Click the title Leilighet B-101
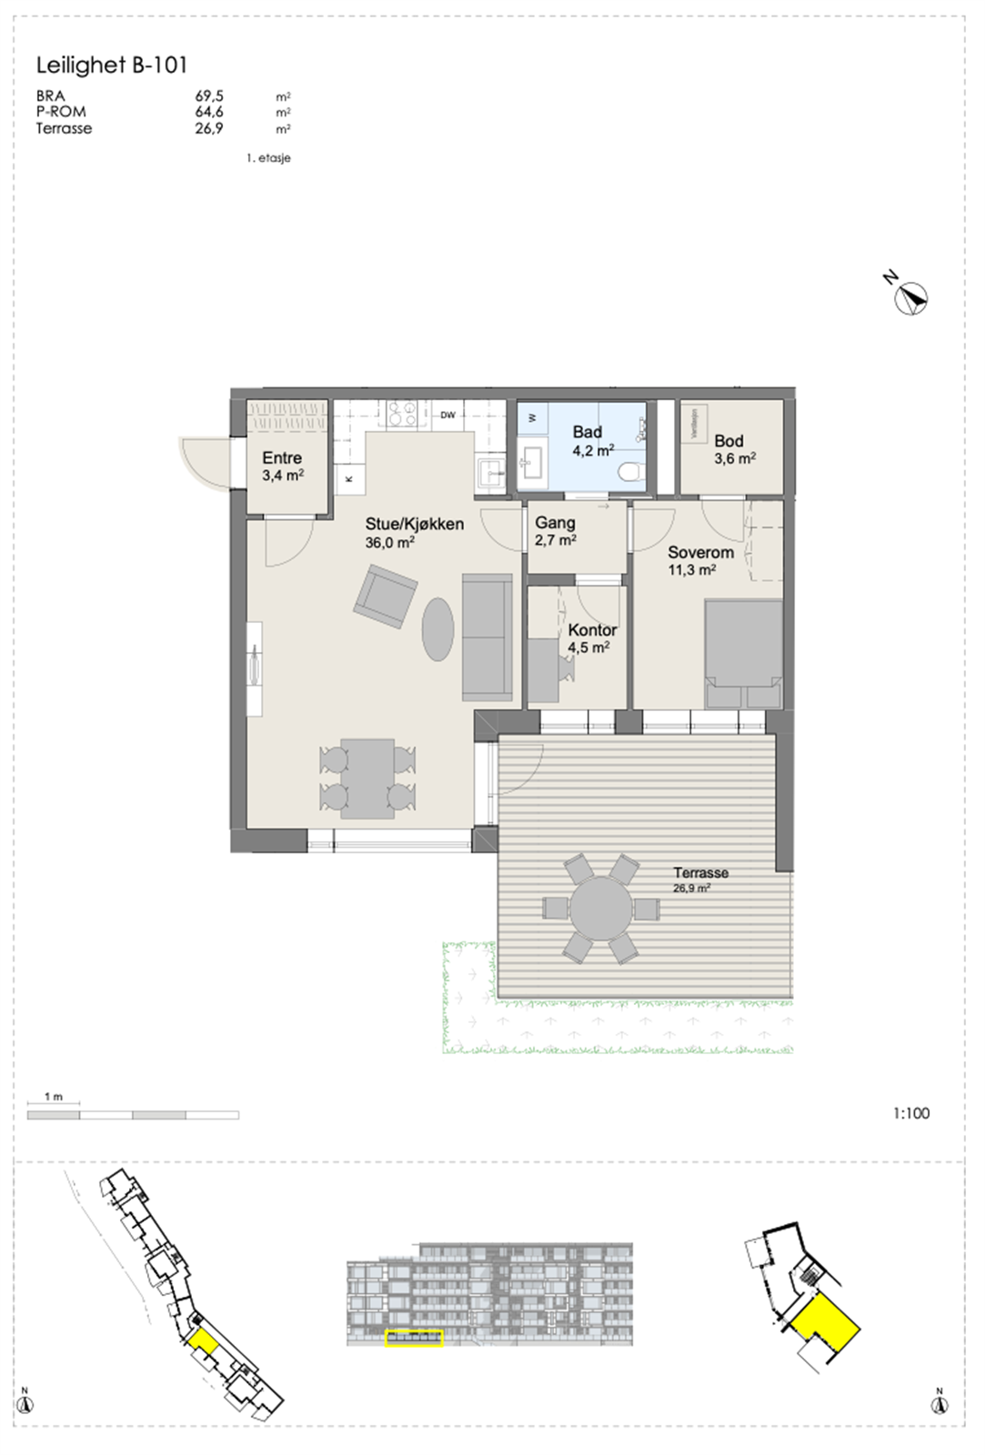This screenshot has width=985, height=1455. click(x=111, y=65)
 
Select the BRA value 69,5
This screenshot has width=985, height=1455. click(x=209, y=95)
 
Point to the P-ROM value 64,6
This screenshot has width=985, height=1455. click(x=209, y=112)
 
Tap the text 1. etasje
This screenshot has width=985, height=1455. click(x=268, y=158)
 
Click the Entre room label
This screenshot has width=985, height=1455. click(x=282, y=458)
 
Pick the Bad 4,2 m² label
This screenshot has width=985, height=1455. click(x=591, y=441)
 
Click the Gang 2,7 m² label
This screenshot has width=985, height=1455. click(x=556, y=531)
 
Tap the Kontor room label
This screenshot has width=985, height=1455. click(x=592, y=629)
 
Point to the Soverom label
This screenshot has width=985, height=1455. click(x=700, y=552)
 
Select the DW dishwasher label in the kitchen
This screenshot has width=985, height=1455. click(x=447, y=416)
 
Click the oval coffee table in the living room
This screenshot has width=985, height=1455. click(x=438, y=628)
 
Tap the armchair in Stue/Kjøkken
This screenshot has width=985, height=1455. click(x=386, y=597)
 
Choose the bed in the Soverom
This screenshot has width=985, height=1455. click(x=743, y=653)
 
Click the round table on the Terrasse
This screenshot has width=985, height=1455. click(x=600, y=908)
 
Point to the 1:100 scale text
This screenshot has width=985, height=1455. click(x=910, y=1113)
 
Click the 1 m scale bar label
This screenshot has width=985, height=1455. click(x=54, y=1097)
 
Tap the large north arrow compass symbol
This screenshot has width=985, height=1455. click(x=910, y=297)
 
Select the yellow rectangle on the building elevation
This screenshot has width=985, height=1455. click(x=414, y=1338)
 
